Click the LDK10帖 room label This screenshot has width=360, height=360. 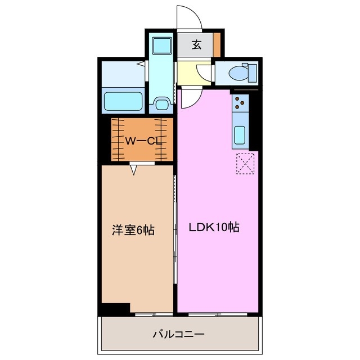pos(214,228)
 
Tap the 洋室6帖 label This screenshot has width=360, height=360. pos(133,229)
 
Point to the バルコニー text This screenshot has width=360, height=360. pos(178,334)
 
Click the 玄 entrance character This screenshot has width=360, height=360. pos(196,46)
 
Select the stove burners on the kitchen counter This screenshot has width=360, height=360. pos(240,103)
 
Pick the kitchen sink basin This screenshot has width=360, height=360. pos(239,136)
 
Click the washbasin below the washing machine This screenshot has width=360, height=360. pos(162,103)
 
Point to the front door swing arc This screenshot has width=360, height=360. pos(190,17)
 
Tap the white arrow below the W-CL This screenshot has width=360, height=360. pos(134,168)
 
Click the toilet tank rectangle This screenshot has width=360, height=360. pos(253,73)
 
